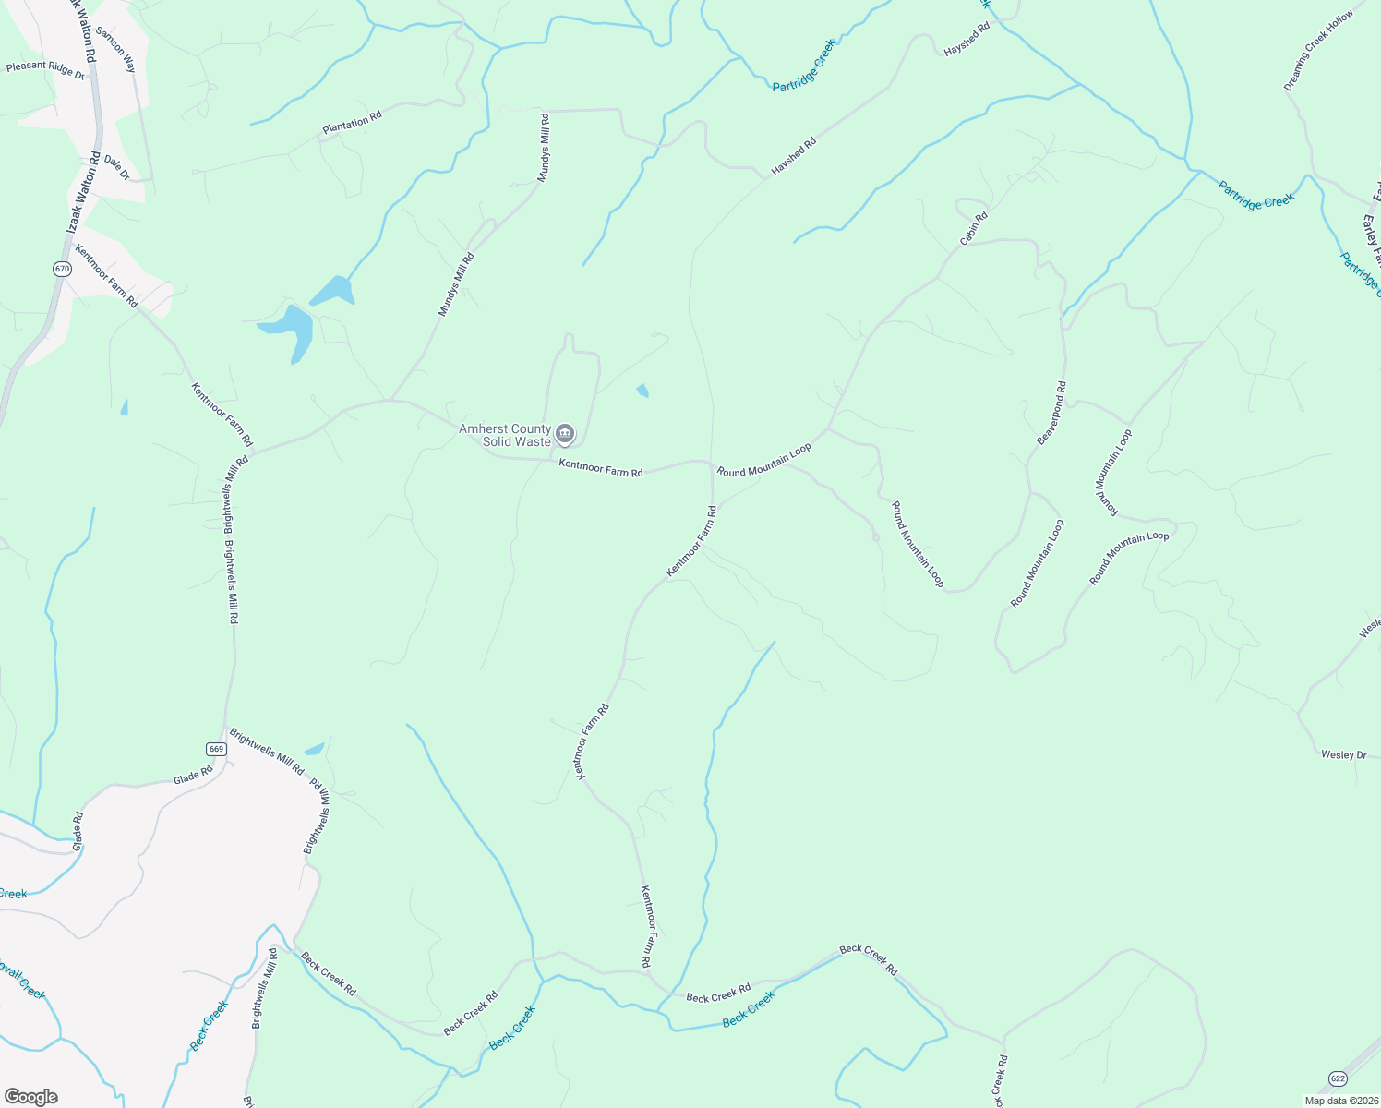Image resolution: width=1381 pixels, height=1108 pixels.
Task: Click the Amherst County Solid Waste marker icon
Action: (565, 433)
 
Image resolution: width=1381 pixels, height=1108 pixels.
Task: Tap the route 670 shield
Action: (62, 269)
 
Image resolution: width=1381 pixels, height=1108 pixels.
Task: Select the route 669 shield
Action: (216, 749)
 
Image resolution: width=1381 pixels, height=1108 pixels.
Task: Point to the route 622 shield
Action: (1338, 1078)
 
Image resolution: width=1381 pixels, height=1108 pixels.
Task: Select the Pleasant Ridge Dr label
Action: (45, 69)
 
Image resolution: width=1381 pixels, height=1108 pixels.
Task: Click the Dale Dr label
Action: (117, 167)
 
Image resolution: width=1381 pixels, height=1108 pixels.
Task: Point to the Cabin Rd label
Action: (974, 228)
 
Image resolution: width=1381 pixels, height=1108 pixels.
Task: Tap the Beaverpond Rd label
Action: (1051, 413)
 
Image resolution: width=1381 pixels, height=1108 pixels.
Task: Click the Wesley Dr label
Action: (1343, 754)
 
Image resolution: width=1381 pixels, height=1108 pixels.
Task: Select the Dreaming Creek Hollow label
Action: (1318, 51)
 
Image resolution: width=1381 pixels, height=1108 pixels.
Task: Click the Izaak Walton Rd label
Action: (82, 199)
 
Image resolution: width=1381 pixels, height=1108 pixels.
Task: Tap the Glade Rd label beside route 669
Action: (193, 777)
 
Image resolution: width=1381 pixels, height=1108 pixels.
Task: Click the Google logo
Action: (30, 1096)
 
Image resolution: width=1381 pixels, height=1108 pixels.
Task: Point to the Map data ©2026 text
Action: (1340, 1101)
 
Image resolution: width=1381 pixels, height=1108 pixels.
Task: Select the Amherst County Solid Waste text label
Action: (505, 435)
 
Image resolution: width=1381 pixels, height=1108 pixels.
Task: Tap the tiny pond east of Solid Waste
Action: (642, 391)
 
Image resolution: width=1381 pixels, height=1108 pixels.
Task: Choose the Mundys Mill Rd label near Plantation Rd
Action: (544, 148)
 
